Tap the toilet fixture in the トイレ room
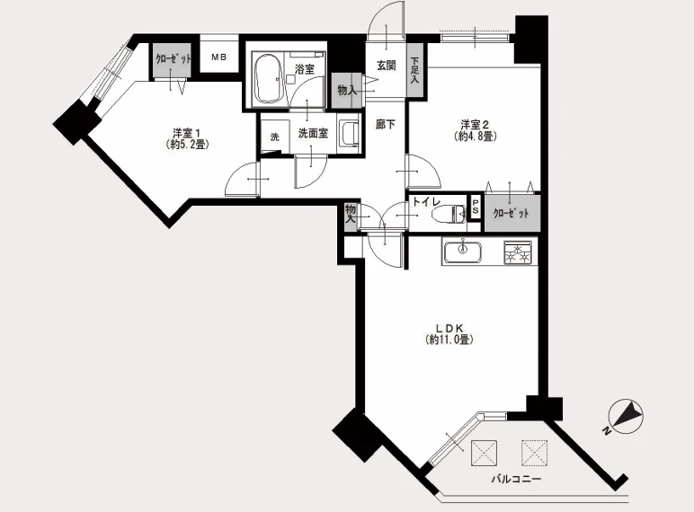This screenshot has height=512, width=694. pyautogui.click(x=449, y=215)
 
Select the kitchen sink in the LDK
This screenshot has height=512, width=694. pyautogui.click(x=463, y=252)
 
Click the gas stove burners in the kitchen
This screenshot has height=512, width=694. pyautogui.click(x=518, y=252)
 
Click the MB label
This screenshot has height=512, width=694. pyautogui.click(x=218, y=57)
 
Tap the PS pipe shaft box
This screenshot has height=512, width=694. pyautogui.click(x=476, y=207)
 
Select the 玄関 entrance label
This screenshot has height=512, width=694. pyautogui.click(x=386, y=66)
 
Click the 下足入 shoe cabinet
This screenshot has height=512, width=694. pyautogui.click(x=415, y=70)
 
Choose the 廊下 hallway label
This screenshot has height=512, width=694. pyautogui.click(x=385, y=125)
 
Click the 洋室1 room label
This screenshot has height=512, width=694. pyautogui.click(x=187, y=133)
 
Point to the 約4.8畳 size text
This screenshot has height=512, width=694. pyautogui.click(x=476, y=137)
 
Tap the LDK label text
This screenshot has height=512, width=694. pyautogui.click(x=449, y=329)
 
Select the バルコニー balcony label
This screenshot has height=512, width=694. pyautogui.click(x=516, y=480)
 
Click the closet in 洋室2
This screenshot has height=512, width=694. pyautogui.click(x=512, y=213)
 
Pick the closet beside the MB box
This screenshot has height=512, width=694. pyautogui.click(x=173, y=60)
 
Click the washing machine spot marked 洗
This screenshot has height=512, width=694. pyautogui.click(x=275, y=137)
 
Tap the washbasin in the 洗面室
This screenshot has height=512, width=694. pyautogui.click(x=350, y=133)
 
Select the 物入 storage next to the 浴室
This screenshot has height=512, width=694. pyautogui.click(x=347, y=90)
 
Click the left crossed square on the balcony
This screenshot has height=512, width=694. pyautogui.click(x=484, y=453)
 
